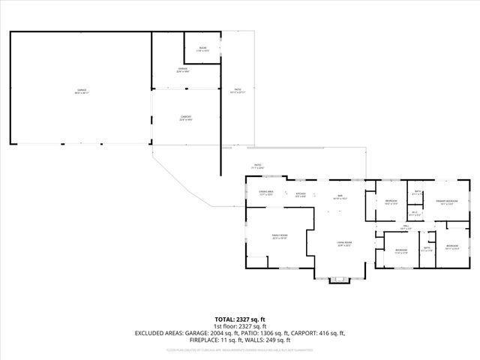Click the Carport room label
(x=185, y=118)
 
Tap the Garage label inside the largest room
(x=81, y=91)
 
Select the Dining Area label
(x=265, y=193)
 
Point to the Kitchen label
(x=301, y=193)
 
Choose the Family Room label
(x=280, y=236)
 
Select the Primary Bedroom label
(x=447, y=201)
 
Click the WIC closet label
(x=415, y=213)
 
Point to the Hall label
(x=405, y=226)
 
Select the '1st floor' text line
(x=239, y=326)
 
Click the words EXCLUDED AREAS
(x=160, y=332)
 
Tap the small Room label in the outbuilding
(x=202, y=49)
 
